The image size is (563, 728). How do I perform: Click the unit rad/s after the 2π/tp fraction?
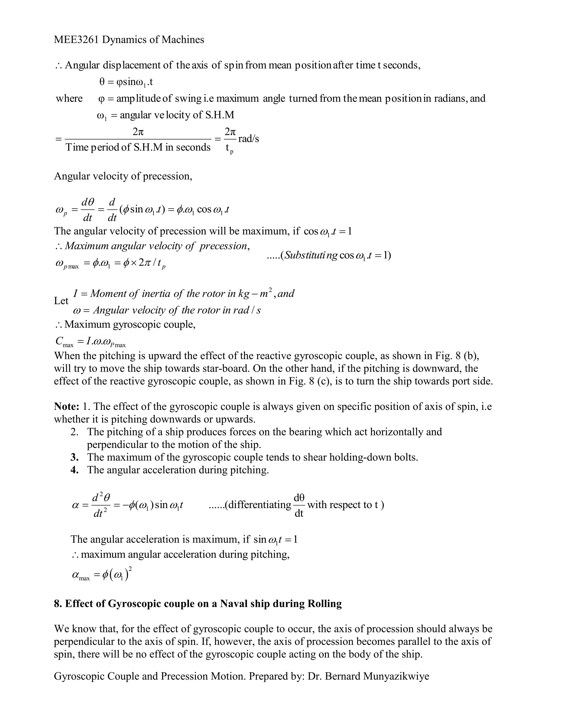click(249, 139)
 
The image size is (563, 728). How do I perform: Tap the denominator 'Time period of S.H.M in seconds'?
click(138, 147)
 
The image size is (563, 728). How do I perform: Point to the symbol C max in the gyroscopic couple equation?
click(64, 341)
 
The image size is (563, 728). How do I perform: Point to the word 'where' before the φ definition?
click(69, 98)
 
